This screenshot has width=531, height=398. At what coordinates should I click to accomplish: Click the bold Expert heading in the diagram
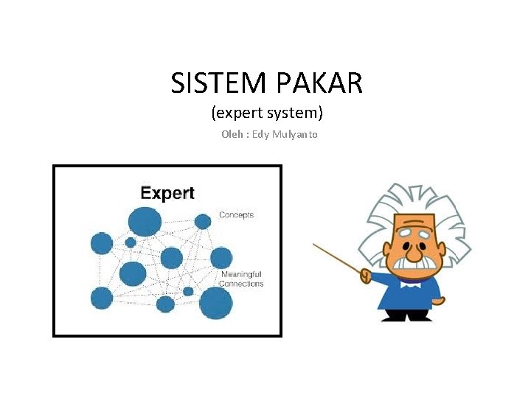[167, 194]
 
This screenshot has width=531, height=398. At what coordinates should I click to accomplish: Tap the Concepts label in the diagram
[236, 215]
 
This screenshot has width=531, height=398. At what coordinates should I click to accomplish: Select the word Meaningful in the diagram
[241, 274]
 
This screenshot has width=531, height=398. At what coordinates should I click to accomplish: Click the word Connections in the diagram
[241, 284]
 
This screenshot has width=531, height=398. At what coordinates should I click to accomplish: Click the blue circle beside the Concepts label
[203, 221]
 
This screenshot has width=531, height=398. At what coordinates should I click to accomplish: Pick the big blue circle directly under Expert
[145, 221]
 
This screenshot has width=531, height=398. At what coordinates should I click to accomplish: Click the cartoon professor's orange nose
[414, 251]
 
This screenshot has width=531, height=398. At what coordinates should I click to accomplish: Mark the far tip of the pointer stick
[314, 244]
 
